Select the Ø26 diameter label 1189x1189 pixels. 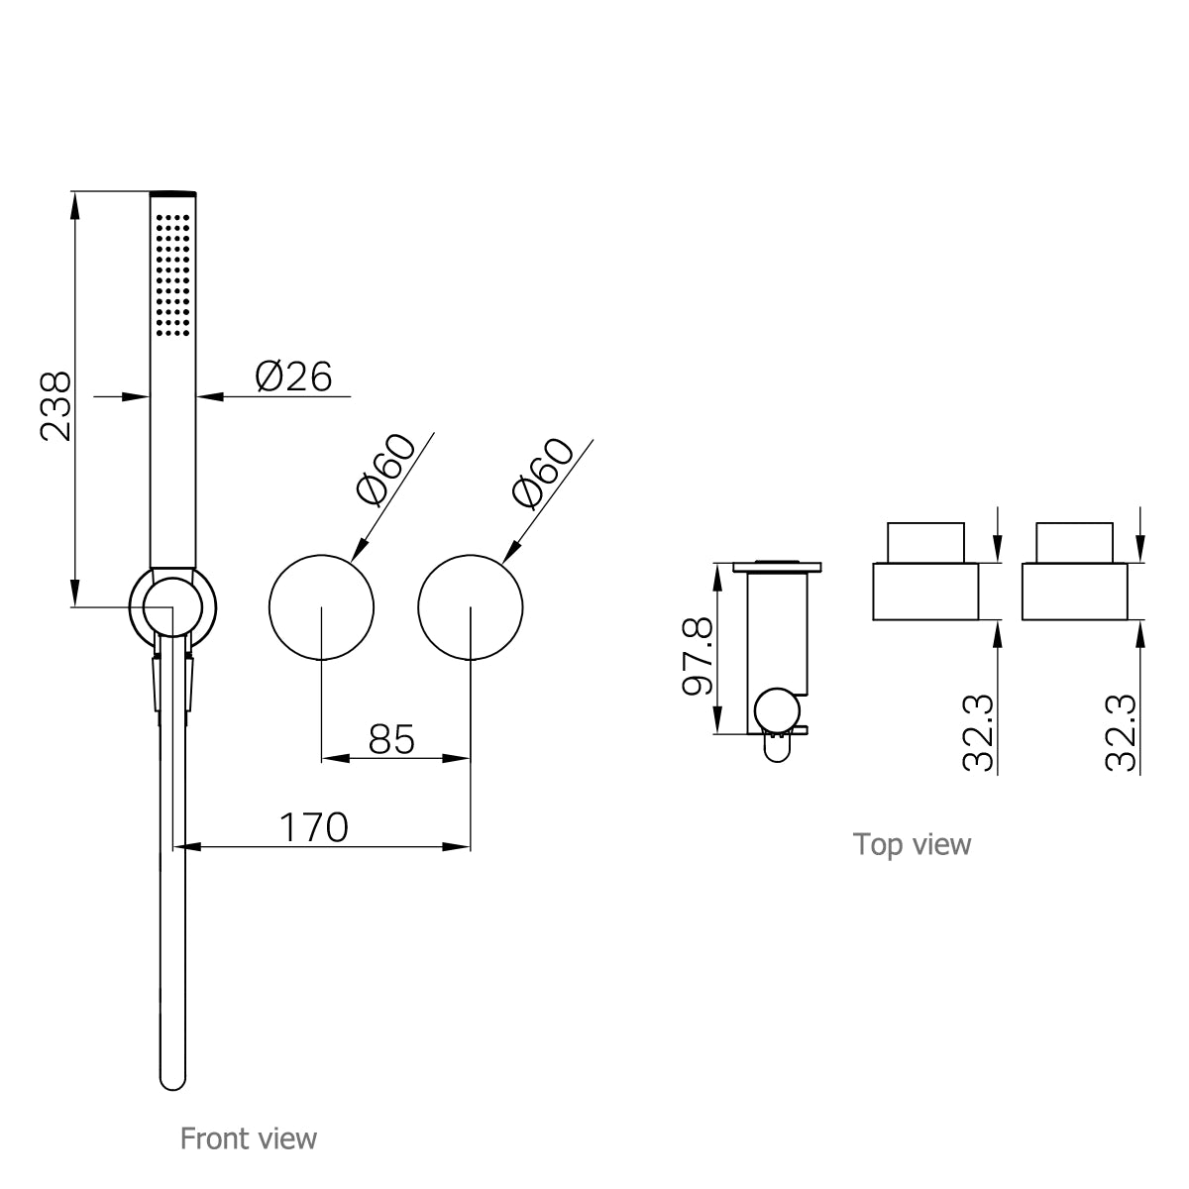(x=292, y=377)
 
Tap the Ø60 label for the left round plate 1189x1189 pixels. (x=384, y=472)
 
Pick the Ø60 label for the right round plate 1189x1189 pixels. (x=541, y=474)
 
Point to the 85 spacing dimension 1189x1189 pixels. (x=390, y=738)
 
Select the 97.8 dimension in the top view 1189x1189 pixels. (x=698, y=657)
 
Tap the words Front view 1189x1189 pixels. (x=248, y=1138)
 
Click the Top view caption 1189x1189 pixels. (x=912, y=844)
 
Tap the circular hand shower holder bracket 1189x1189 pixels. (x=172, y=606)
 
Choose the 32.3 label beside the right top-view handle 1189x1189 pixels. (x=1120, y=733)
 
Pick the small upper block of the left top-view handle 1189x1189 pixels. (x=925, y=542)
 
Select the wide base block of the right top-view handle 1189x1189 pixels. (x=1073, y=592)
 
